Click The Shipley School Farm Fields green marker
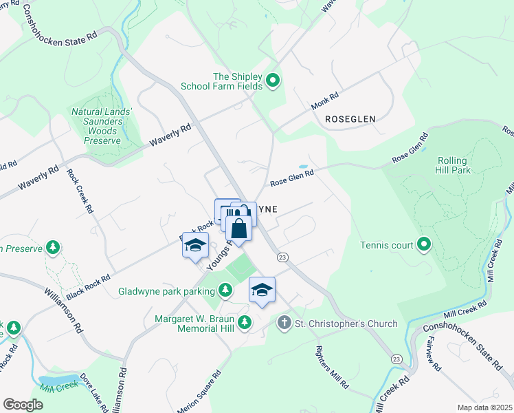coord(273,81)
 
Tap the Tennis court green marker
coord(425,245)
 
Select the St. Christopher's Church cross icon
coord(284,323)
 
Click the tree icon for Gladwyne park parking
coord(224,290)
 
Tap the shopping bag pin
coord(238,229)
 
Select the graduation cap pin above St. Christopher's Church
coord(262,290)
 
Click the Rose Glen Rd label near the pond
coord(292,178)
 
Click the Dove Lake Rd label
coord(91,394)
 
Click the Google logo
coord(23,404)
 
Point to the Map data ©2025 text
coord(484,407)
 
